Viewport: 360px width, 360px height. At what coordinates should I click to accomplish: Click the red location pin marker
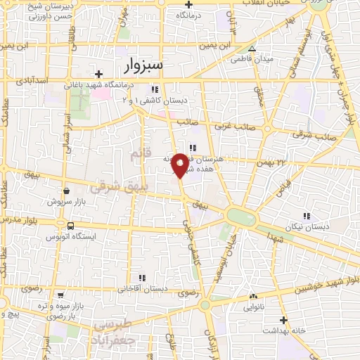(x=181, y=165)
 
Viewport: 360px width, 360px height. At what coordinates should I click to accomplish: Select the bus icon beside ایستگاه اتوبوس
(x=70, y=226)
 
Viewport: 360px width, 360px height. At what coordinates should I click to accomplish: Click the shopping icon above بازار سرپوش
(x=65, y=191)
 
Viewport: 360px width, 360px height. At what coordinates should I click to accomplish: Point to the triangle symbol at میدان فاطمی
(x=252, y=49)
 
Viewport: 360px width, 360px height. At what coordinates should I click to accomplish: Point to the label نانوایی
(x=252, y=307)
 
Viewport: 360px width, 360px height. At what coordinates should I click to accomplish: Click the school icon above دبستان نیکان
(x=306, y=215)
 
